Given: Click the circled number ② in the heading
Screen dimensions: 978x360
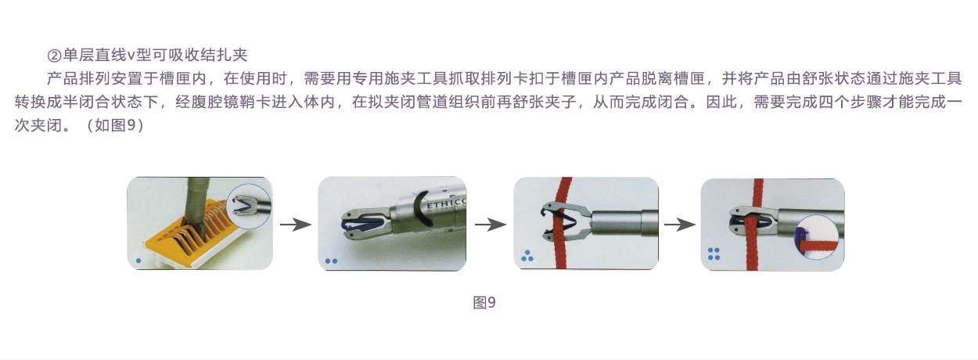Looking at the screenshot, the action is click(55, 56).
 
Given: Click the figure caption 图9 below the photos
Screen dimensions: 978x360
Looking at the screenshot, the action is click(484, 302).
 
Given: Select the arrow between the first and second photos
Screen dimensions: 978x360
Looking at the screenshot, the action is click(296, 225).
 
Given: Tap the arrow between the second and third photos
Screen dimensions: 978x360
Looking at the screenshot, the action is click(491, 225).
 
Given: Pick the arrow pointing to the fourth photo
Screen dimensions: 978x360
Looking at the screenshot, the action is click(680, 225).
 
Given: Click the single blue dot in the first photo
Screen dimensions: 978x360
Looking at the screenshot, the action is click(138, 261).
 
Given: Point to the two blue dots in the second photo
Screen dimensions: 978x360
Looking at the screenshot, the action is click(332, 261).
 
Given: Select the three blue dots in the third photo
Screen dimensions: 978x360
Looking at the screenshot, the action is click(527, 256).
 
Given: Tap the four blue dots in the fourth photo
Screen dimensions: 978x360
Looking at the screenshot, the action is click(714, 254).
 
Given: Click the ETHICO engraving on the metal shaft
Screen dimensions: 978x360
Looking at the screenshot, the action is click(446, 204).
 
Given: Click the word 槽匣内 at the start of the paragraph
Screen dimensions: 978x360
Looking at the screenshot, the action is click(183, 78).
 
